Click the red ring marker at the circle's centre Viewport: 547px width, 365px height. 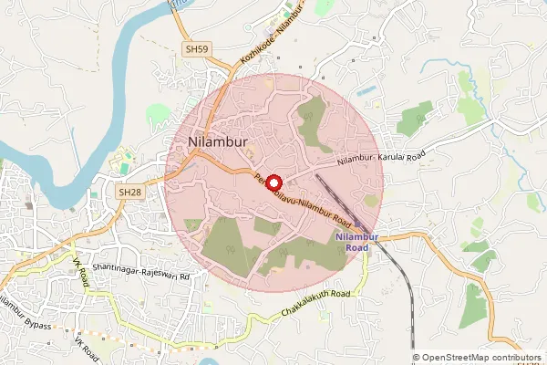pos(273,182)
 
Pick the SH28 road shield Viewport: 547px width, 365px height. pos(129,193)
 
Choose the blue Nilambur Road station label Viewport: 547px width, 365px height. pos(351,243)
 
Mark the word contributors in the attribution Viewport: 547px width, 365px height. pos(512,358)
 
